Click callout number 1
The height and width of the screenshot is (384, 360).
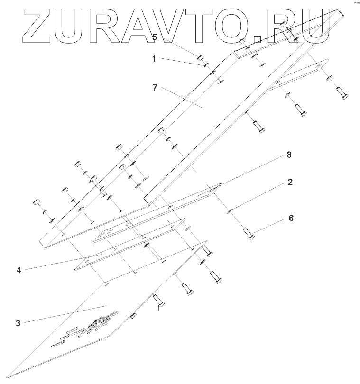coord(153,59)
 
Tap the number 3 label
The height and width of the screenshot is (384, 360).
coord(18,323)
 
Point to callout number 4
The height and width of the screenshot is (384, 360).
coord(19,271)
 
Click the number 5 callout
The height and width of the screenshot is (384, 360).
coord(155,37)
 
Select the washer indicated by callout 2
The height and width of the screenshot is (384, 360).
coord(229,210)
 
